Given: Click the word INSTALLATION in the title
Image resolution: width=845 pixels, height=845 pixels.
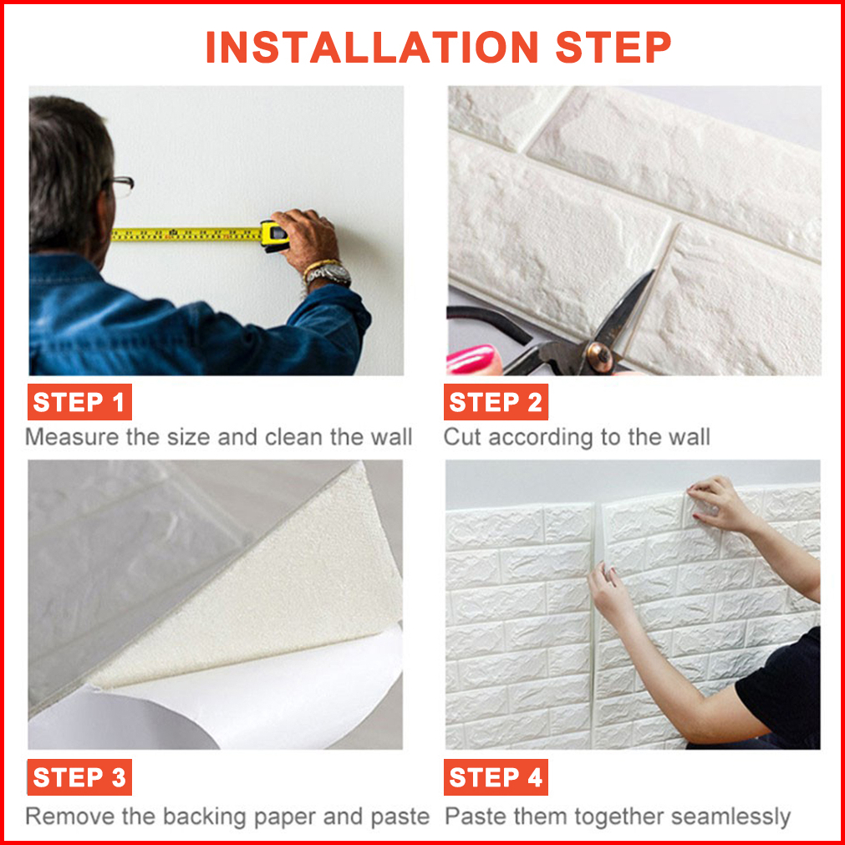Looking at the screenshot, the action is click(x=372, y=48).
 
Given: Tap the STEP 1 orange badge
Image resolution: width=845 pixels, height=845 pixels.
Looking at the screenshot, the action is click(x=79, y=402).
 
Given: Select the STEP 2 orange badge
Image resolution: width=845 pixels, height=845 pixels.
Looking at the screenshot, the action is click(x=496, y=402).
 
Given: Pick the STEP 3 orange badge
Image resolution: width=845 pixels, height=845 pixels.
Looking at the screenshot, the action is click(x=79, y=777).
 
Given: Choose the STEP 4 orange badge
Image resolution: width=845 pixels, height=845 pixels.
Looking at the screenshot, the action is click(x=496, y=777).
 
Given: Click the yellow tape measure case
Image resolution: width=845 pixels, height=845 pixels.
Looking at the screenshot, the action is click(x=274, y=236).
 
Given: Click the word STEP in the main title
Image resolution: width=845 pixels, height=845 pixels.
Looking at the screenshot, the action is click(x=613, y=48).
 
